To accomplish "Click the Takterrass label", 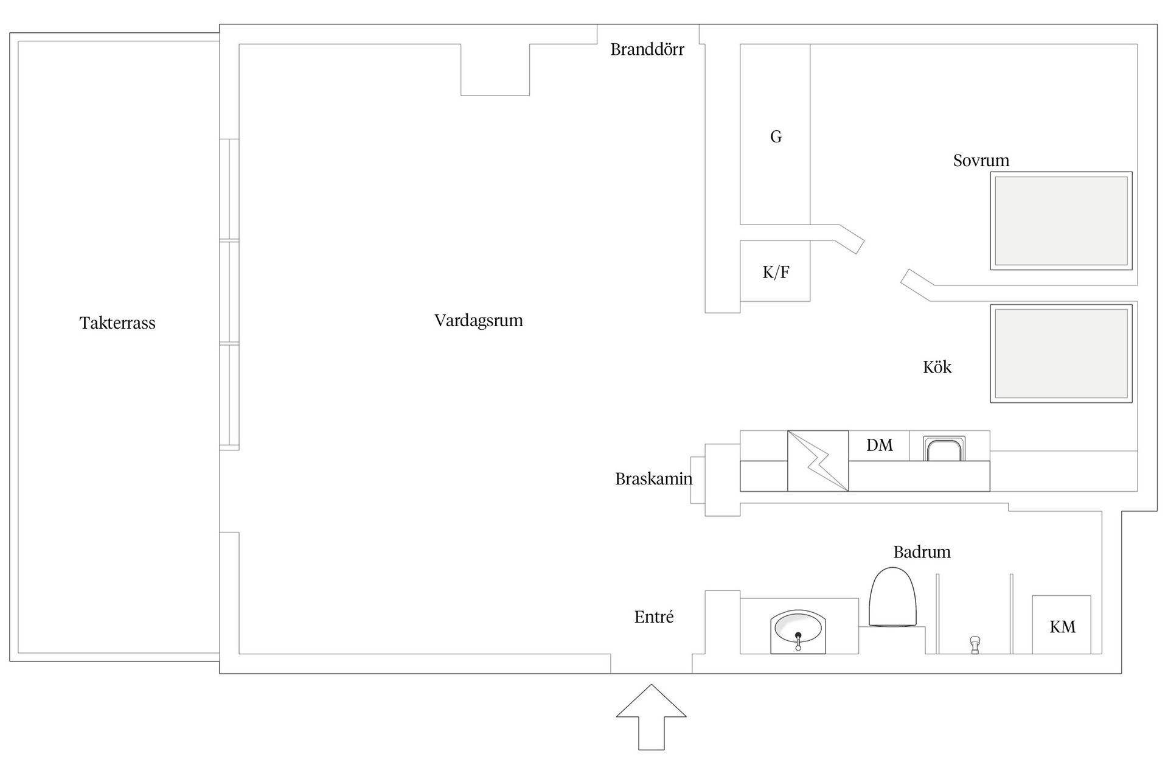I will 117,323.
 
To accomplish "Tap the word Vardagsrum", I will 478,321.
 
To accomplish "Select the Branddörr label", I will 647,50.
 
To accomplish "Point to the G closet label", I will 776,137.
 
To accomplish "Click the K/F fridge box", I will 775,271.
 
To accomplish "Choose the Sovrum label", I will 981,161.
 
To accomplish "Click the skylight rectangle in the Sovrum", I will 1061,221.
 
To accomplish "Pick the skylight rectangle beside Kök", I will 1061,354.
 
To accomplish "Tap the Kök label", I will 937,367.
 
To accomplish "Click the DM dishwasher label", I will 879,445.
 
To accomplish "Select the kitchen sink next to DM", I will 944,449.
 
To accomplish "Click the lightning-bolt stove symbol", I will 818,461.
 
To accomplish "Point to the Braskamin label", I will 653,479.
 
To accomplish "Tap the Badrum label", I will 922,552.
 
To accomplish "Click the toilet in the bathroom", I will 892,598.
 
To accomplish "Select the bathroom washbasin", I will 798,633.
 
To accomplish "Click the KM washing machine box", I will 1062,626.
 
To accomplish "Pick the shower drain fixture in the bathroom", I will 975,644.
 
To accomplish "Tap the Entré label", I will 654,617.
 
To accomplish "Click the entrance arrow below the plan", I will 651,716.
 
